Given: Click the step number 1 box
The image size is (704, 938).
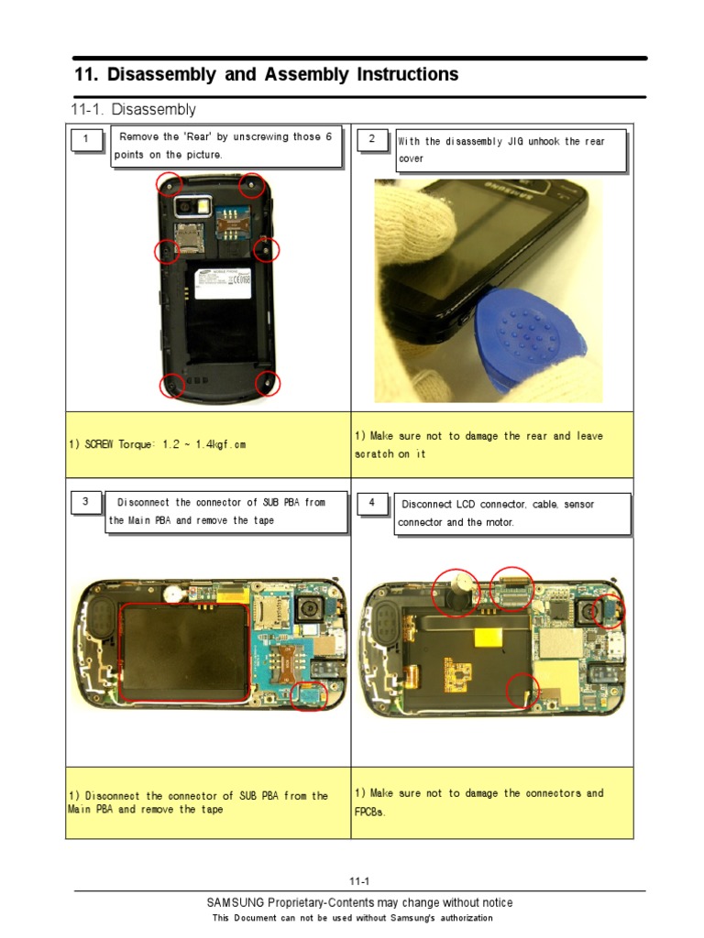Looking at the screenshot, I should [86, 140].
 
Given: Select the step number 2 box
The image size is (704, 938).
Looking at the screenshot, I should [371, 139].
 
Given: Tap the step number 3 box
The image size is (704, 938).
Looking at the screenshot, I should [85, 502].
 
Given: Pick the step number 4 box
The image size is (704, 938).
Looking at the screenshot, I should [371, 503].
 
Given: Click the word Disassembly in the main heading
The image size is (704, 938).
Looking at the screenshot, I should [159, 75].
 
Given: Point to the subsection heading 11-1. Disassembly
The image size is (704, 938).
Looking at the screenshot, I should [134, 110].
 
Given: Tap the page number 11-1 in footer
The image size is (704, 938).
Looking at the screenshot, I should [351, 882].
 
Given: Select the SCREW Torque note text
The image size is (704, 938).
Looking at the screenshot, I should [157, 445].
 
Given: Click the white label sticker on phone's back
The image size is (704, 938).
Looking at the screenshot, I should [219, 282].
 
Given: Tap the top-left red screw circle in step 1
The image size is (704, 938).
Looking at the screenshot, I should [169, 184].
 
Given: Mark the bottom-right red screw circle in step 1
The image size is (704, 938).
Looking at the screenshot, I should [267, 385].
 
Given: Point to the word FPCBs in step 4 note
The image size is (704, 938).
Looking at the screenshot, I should [370, 813].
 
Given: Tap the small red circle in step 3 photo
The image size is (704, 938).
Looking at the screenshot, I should [308, 695].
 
